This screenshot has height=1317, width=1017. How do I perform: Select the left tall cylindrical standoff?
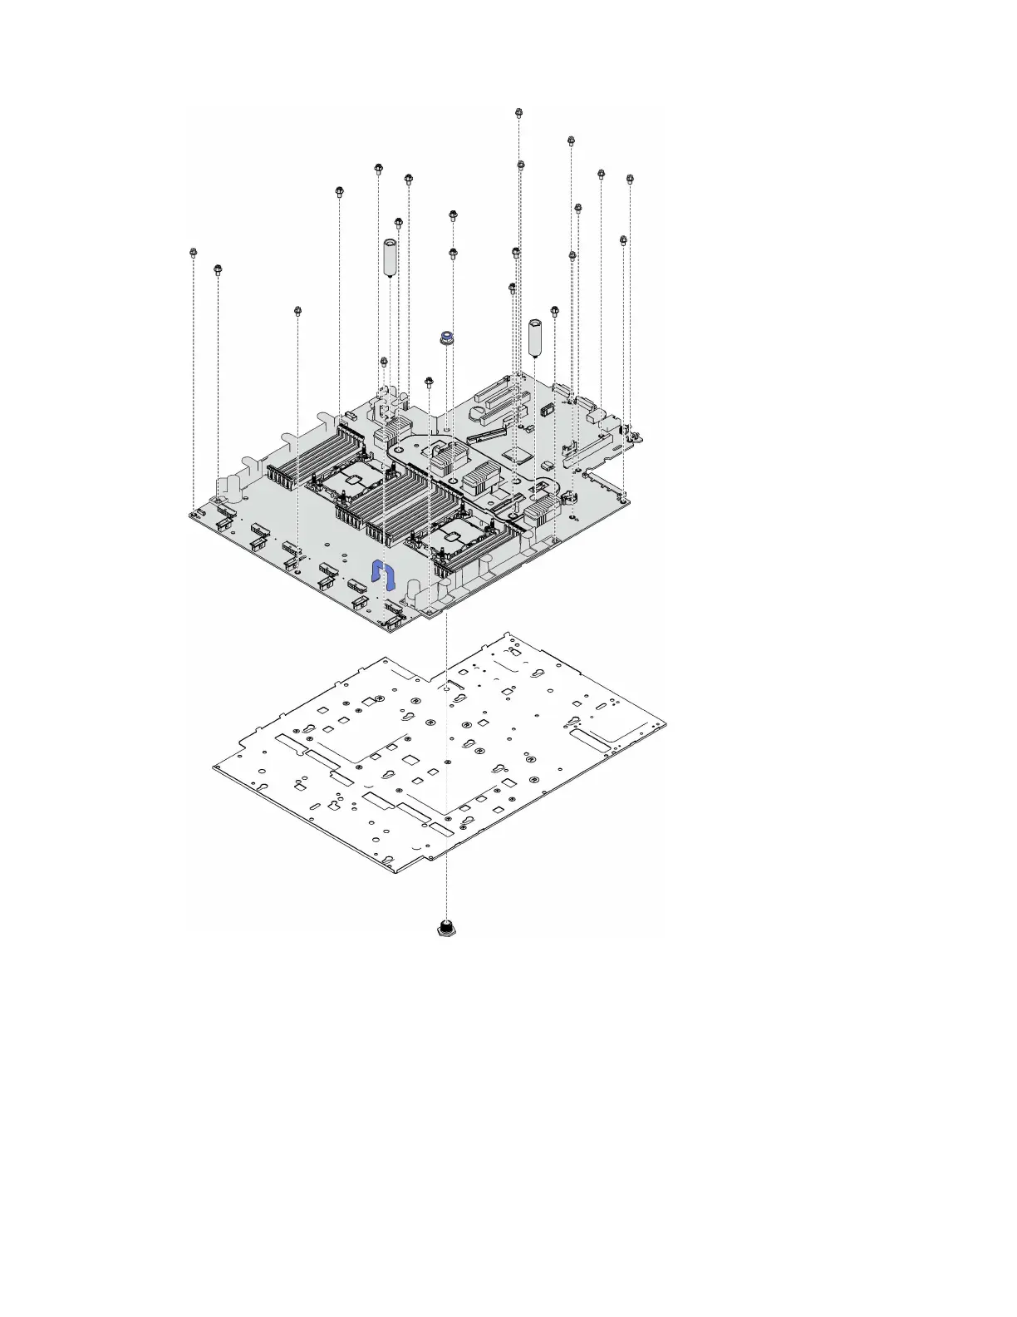pyautogui.click(x=389, y=257)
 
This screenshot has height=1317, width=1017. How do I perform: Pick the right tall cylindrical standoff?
pyautogui.click(x=536, y=336)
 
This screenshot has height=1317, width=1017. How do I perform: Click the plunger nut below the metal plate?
pyautogui.click(x=447, y=928)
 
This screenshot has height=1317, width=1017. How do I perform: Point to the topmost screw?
pyautogui.click(x=519, y=112)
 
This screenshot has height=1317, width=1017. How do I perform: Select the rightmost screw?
pyautogui.click(x=630, y=179)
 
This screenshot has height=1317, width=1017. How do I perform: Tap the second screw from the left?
pyautogui.click(x=218, y=269)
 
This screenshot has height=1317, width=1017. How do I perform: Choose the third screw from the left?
pyautogui.click(x=297, y=311)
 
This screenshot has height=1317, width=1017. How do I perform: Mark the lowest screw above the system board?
pyautogui.click(x=429, y=382)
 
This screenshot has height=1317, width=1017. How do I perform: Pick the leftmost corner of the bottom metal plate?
pyautogui.click(x=214, y=767)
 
